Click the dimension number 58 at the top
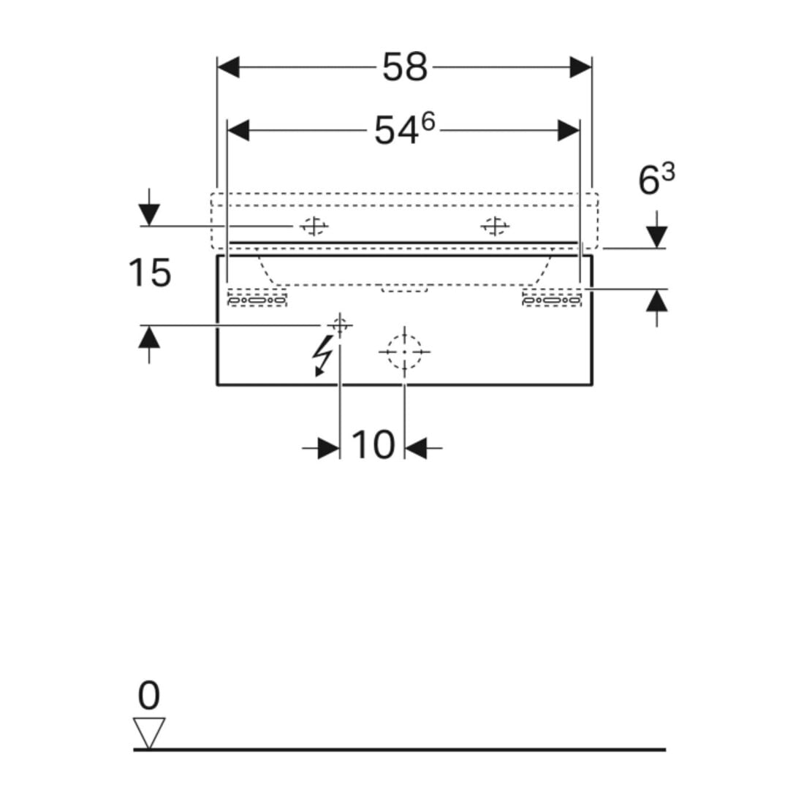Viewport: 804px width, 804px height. click(405, 67)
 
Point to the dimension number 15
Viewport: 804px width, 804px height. click(149, 273)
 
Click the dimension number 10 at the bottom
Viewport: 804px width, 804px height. click(373, 445)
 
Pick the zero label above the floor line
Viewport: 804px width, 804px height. click(148, 695)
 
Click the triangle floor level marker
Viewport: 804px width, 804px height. click(149, 733)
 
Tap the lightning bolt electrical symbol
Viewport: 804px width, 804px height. click(322, 356)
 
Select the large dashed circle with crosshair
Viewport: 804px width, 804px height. click(405, 352)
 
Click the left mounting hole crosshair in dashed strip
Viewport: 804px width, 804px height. click(314, 226)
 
